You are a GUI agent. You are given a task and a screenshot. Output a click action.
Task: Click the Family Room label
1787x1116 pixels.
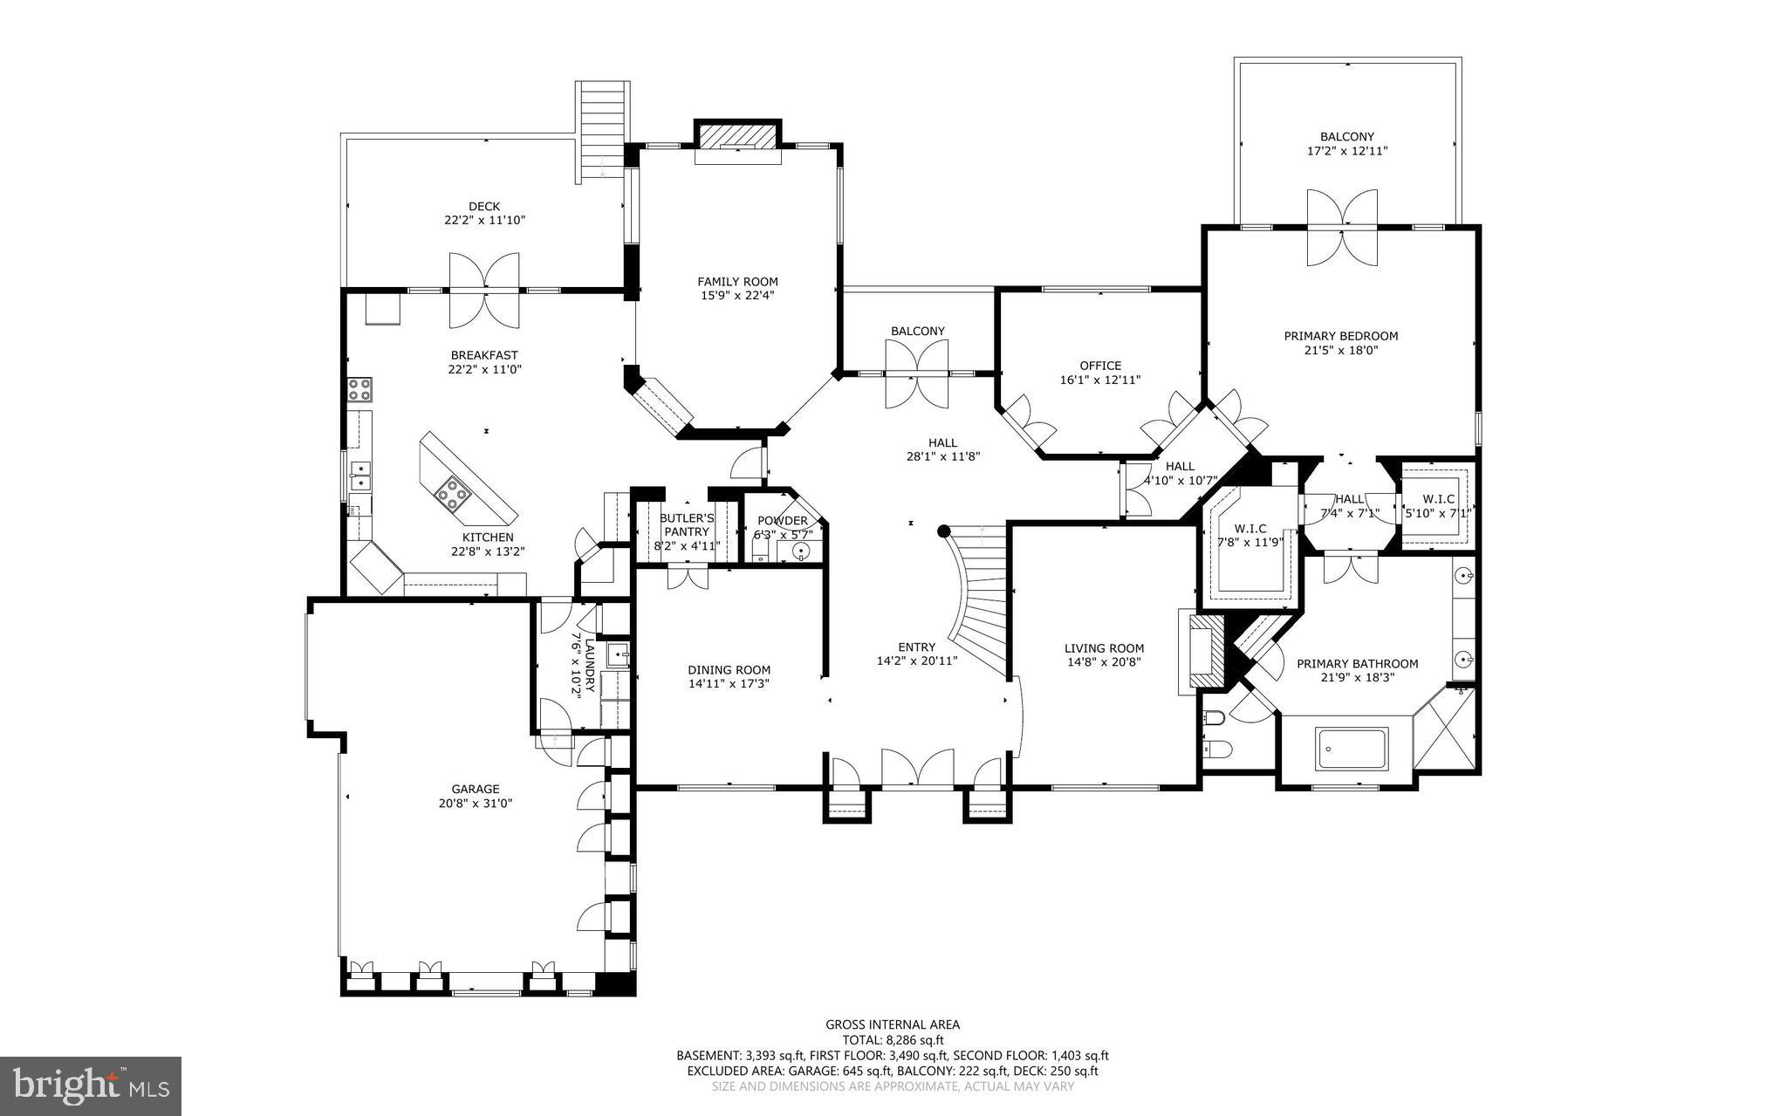click(737, 282)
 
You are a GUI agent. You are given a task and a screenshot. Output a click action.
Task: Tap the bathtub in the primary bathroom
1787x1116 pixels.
click(1352, 749)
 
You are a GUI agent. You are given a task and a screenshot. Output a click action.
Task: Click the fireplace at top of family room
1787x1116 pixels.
click(737, 137)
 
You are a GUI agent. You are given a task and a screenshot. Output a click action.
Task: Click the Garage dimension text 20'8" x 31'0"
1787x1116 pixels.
click(476, 803)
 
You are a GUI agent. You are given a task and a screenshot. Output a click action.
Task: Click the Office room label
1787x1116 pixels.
click(1100, 366)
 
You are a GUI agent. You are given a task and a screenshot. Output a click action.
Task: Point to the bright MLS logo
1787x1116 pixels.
click(91, 1085)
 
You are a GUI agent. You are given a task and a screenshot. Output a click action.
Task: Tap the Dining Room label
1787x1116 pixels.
click(729, 670)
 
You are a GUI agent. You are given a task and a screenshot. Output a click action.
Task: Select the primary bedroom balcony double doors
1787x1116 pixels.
click(1342, 227)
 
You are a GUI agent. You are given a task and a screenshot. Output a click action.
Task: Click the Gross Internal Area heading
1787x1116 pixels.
click(893, 1024)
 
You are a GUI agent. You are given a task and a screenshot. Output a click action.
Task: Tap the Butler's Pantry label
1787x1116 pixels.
click(687, 525)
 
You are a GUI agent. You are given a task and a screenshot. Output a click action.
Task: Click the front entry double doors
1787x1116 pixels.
click(916, 768)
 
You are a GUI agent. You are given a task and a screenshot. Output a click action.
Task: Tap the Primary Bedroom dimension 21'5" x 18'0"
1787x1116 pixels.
click(1340, 351)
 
